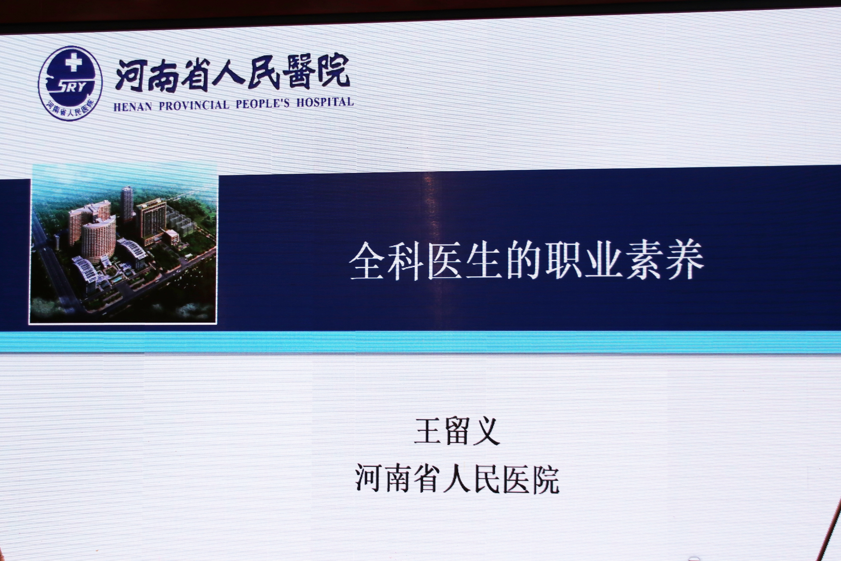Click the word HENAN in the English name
pos(133,106)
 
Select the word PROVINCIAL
pos(194,105)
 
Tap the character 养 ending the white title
pos(685,260)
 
